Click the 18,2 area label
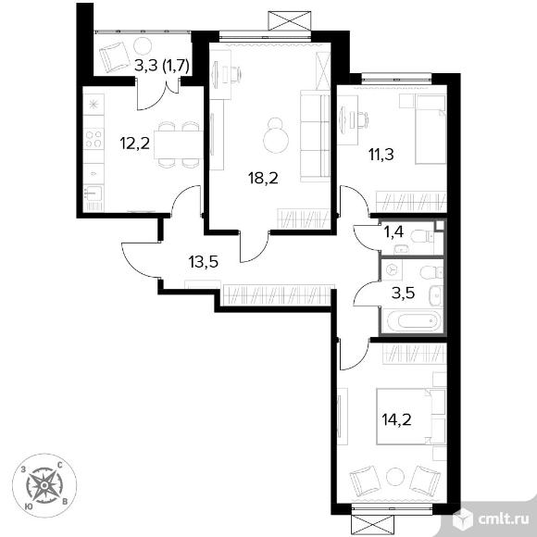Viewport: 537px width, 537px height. [x=263, y=178]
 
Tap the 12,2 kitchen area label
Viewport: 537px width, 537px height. [x=134, y=143]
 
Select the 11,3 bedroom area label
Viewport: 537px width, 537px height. [x=381, y=155]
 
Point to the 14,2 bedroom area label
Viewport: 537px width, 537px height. [x=396, y=419]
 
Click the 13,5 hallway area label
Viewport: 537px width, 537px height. [x=204, y=262]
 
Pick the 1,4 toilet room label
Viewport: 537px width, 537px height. [x=393, y=232]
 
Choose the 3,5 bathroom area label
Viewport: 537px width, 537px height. [x=403, y=293]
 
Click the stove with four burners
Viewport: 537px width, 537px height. [x=94, y=139]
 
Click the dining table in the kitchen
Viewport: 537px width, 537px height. [x=178, y=144]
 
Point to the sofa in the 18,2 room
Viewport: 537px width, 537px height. [x=315, y=136]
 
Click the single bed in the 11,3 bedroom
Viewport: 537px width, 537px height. [x=431, y=129]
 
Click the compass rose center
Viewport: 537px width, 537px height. [x=44, y=485]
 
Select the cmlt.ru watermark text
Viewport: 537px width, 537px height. [x=505, y=519]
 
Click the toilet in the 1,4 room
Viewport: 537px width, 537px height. [x=422, y=236]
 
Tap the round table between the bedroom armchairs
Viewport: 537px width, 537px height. [x=395, y=478]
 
